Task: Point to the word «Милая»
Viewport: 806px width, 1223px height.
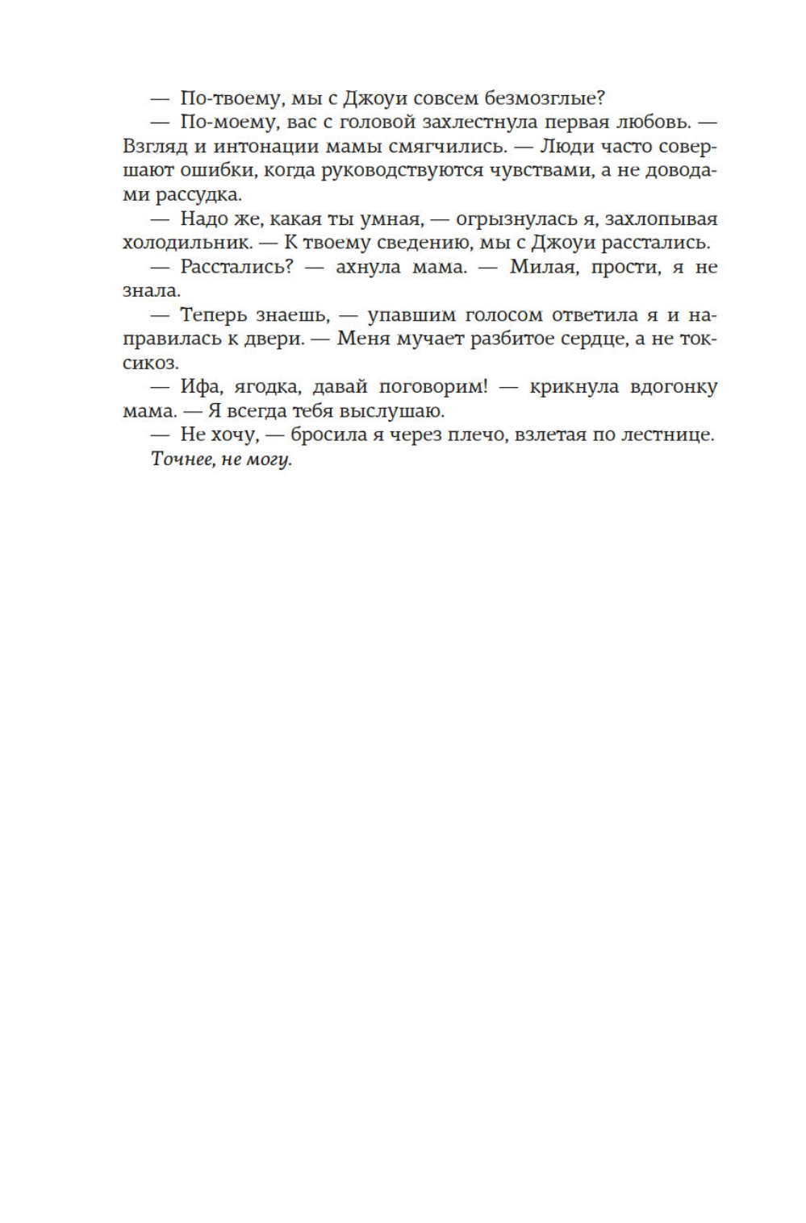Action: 540,267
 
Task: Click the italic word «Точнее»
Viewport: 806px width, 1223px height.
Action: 180,460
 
